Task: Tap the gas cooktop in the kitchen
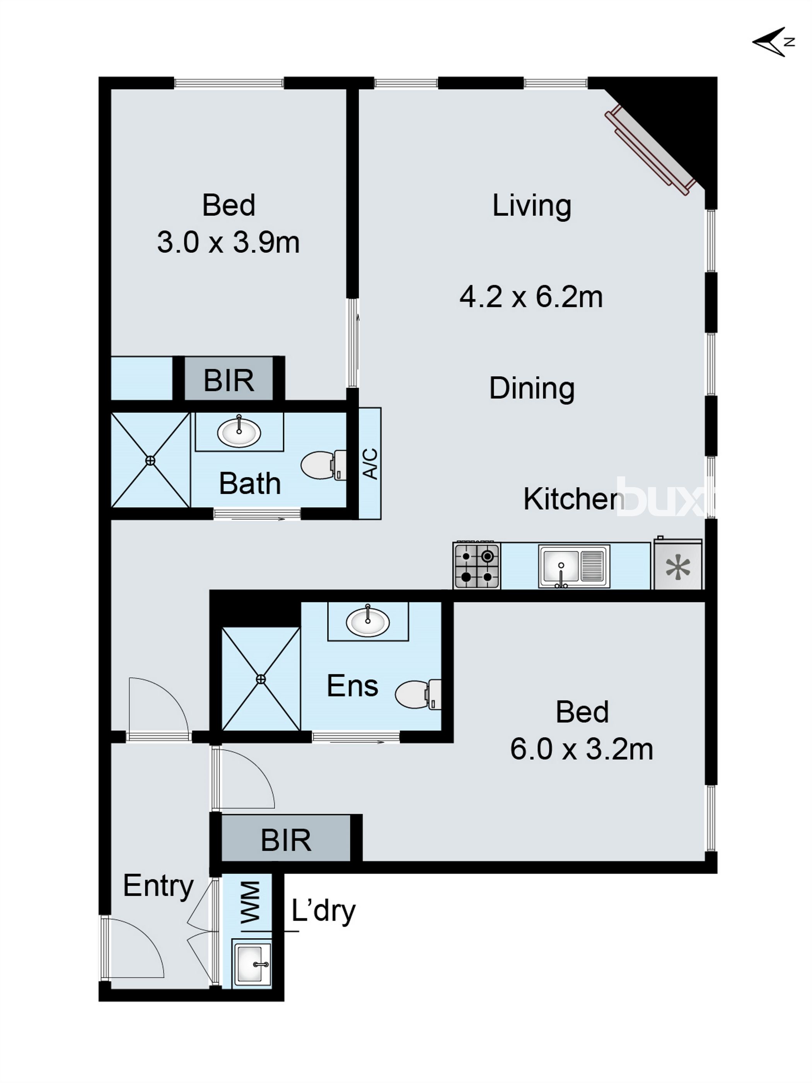(476, 566)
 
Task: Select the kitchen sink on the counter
(573, 566)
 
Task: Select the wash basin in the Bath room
(239, 432)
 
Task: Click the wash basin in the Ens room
(368, 622)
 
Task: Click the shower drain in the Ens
(261, 679)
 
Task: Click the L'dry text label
(323, 911)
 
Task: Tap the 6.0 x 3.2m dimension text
(582, 749)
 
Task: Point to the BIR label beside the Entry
(286, 840)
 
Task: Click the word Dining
(532, 388)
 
